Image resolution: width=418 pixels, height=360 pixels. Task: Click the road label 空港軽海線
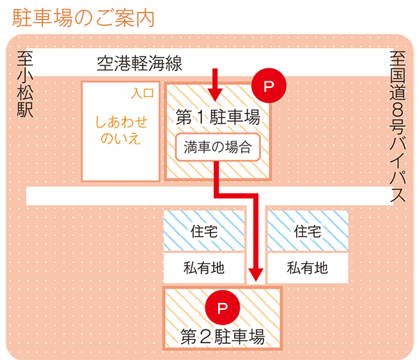click(139, 65)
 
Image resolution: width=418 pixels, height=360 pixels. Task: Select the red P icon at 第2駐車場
click(222, 307)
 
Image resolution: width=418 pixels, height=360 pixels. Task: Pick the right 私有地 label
click(308, 267)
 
